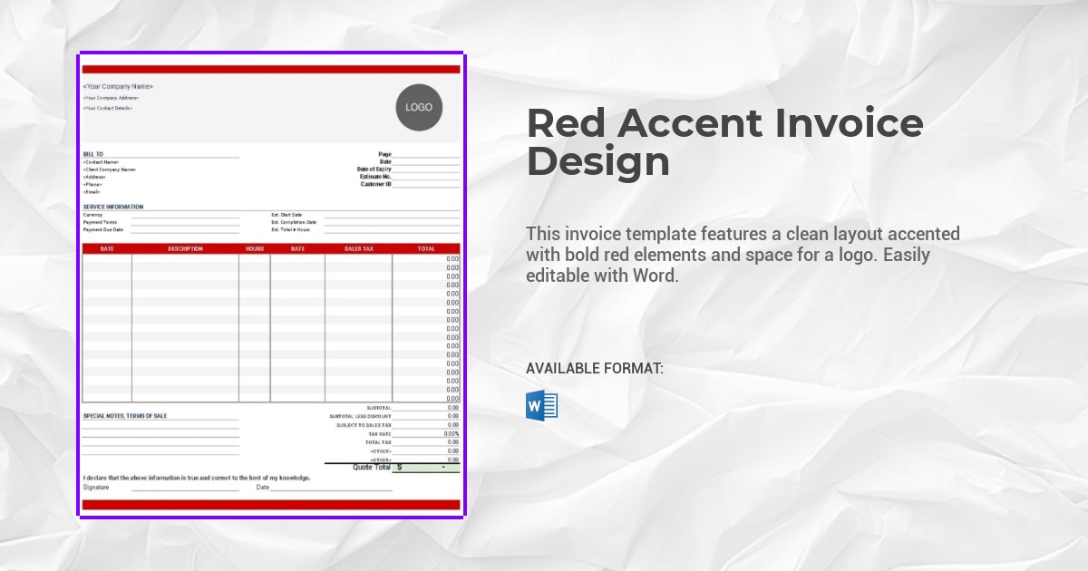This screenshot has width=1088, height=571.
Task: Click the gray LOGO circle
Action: point(419,107)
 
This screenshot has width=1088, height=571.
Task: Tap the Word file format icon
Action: point(541,405)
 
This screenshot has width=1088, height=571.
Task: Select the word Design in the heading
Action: point(597,162)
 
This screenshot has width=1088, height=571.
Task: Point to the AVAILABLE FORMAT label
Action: point(595,369)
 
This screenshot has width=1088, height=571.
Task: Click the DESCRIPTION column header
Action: point(185,248)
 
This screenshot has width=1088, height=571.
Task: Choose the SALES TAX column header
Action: point(358,248)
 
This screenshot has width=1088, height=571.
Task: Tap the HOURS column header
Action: point(255,248)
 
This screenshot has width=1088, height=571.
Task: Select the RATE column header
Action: point(297,248)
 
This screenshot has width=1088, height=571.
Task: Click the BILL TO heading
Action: point(93,154)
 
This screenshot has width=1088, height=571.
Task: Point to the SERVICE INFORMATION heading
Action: point(113,207)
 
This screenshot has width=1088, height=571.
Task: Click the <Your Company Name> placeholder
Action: point(118,87)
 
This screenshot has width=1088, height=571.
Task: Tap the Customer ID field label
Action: point(375,184)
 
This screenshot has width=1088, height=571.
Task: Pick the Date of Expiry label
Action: point(374,169)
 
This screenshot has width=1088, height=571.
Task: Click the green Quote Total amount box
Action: point(426,468)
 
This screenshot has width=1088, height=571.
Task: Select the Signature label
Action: point(96,488)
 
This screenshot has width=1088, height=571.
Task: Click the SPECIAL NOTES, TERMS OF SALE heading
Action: point(125,416)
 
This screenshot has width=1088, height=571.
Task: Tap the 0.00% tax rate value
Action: point(452,434)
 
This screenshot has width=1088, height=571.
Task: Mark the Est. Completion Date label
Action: point(294,222)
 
